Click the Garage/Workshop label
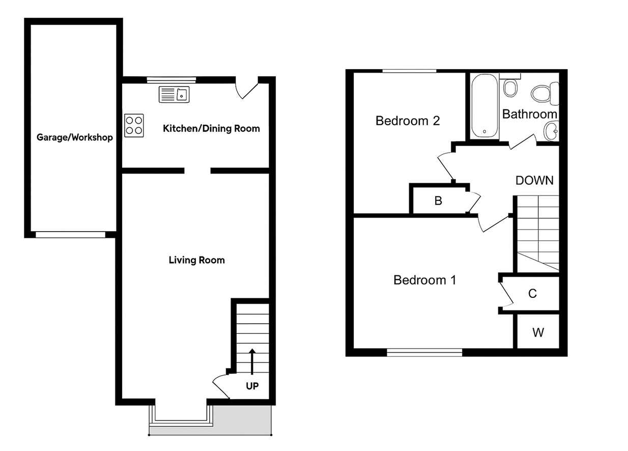point(74,137)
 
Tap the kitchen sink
point(174,95)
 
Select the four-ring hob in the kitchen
point(134,125)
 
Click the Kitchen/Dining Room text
point(211,128)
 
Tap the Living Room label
point(196,260)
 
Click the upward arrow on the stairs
point(252,361)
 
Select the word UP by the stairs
point(252,386)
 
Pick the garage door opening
point(71,235)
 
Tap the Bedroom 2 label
point(407,121)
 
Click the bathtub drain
point(484,132)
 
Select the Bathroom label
point(529,114)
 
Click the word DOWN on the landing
point(534,180)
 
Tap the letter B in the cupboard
point(438,201)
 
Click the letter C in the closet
point(532,294)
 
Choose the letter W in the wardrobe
point(538,332)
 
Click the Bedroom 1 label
point(424,280)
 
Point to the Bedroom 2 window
point(410,71)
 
